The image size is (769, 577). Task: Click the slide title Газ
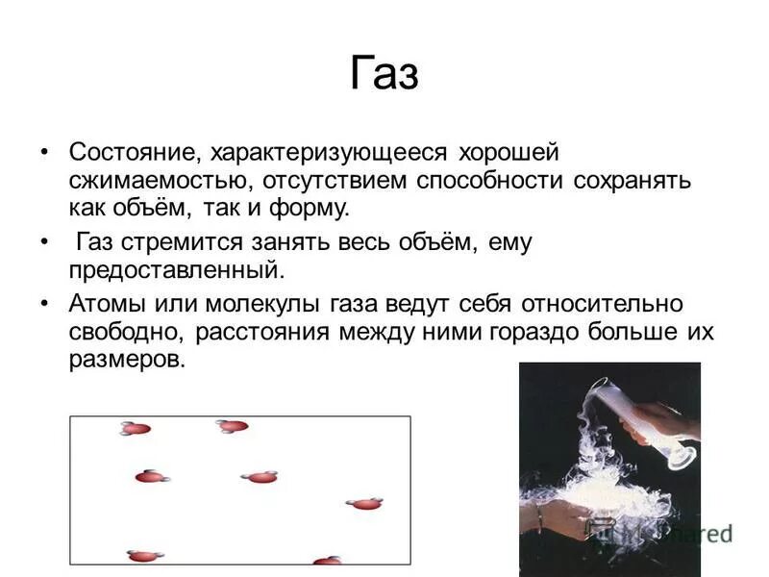click(x=384, y=75)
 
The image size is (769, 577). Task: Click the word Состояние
click(x=132, y=153)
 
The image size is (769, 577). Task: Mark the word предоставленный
click(x=178, y=269)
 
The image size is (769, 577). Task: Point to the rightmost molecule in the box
click(x=364, y=503)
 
